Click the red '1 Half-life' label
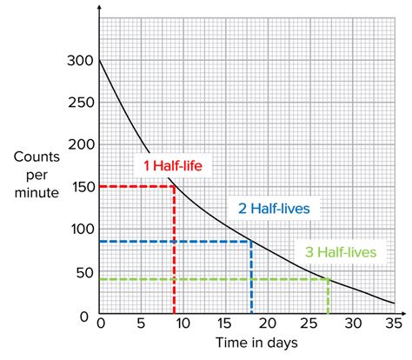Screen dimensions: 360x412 (172, 163)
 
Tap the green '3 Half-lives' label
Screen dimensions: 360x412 (341, 252)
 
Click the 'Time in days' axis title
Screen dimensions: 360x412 (246, 344)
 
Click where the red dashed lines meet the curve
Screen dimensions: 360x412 (175, 186)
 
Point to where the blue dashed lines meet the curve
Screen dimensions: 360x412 (251, 241)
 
